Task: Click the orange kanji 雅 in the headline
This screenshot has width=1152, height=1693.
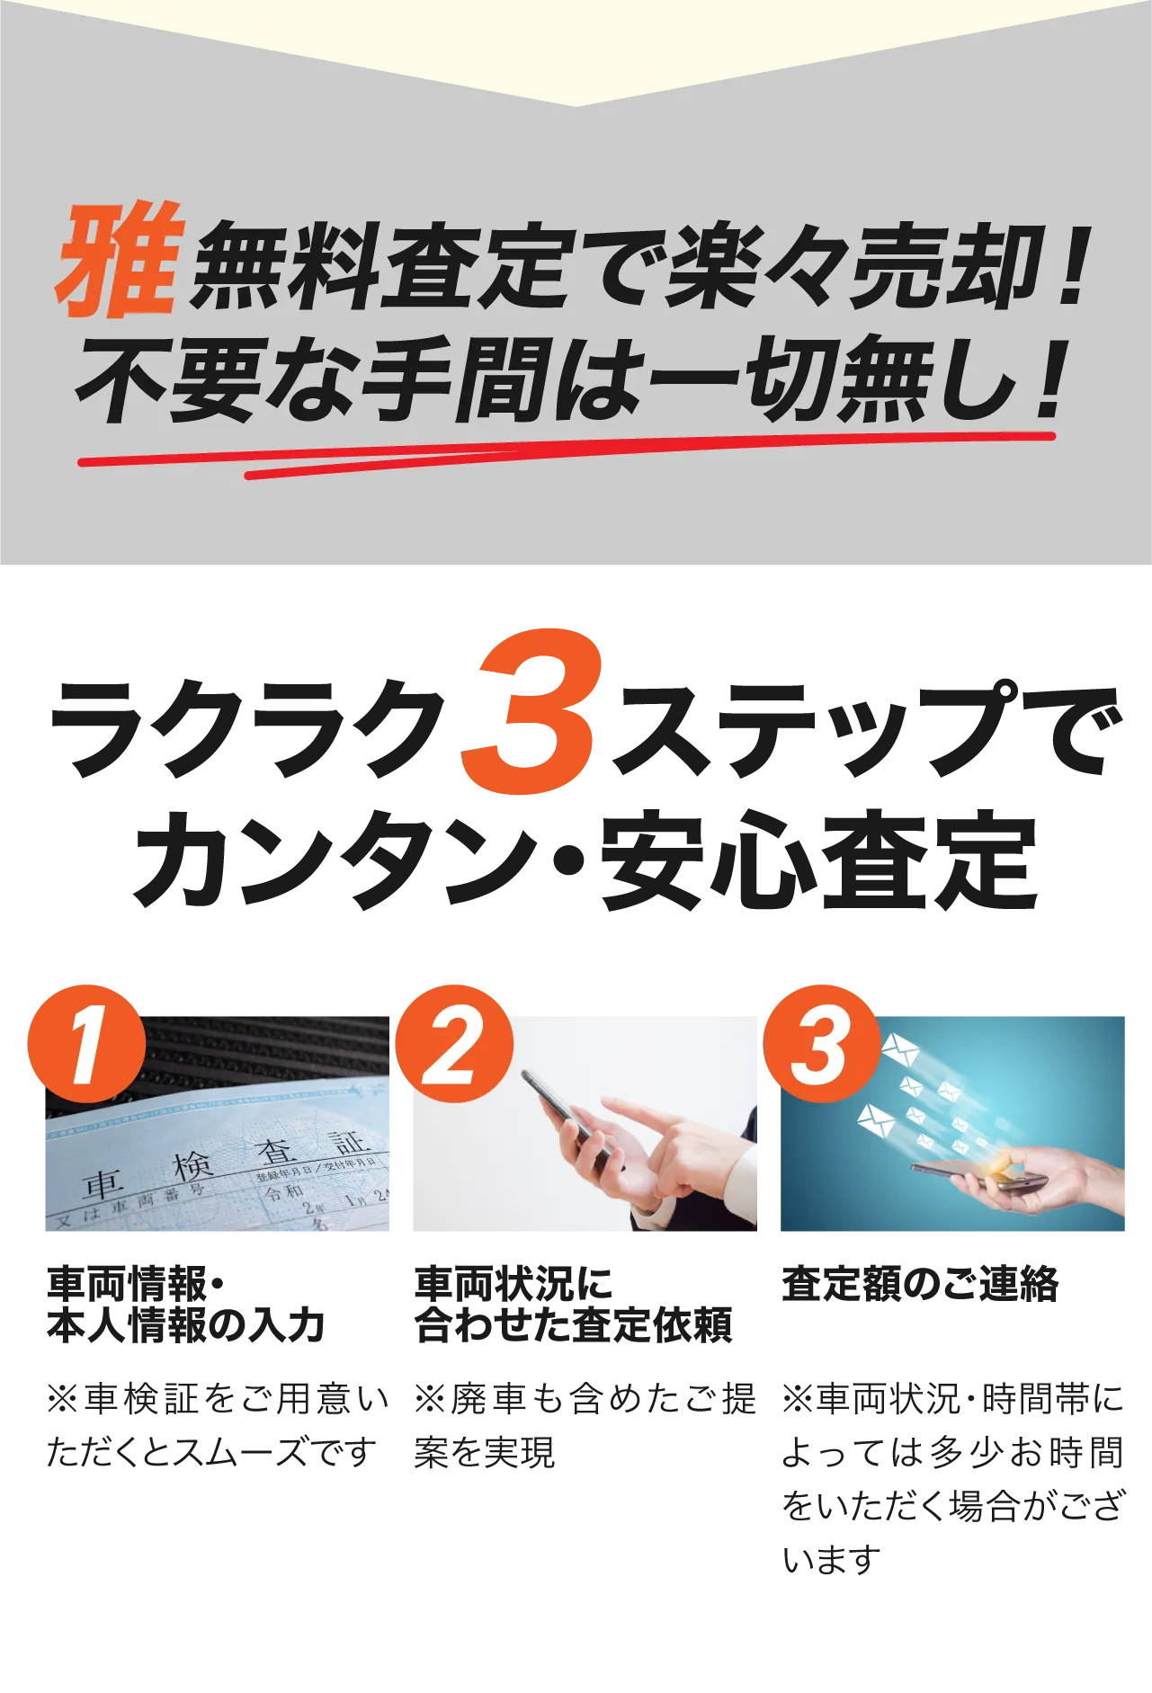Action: tap(121, 260)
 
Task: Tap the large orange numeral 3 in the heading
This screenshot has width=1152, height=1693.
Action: tap(529, 711)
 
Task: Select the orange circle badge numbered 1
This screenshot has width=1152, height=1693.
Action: tap(86, 1044)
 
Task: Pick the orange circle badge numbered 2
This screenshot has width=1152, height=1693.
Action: tap(454, 1044)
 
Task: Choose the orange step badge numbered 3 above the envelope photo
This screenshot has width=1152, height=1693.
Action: tap(822, 1044)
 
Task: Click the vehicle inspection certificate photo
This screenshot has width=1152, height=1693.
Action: tap(218, 1124)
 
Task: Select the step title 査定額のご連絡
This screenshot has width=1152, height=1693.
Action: tap(920, 1284)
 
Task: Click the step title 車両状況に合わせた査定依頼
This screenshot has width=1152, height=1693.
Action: tap(574, 1305)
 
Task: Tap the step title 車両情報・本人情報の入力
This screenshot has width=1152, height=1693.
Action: tap(186, 1305)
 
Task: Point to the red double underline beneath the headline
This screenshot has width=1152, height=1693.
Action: tap(567, 455)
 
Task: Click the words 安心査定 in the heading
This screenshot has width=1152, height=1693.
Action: tap(819, 861)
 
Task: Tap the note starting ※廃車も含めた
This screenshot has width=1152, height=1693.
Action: tap(585, 1426)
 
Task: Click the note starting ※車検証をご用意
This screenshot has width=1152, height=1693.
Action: tap(218, 1426)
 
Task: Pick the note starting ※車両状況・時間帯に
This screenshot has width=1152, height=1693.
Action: tap(952, 1479)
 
